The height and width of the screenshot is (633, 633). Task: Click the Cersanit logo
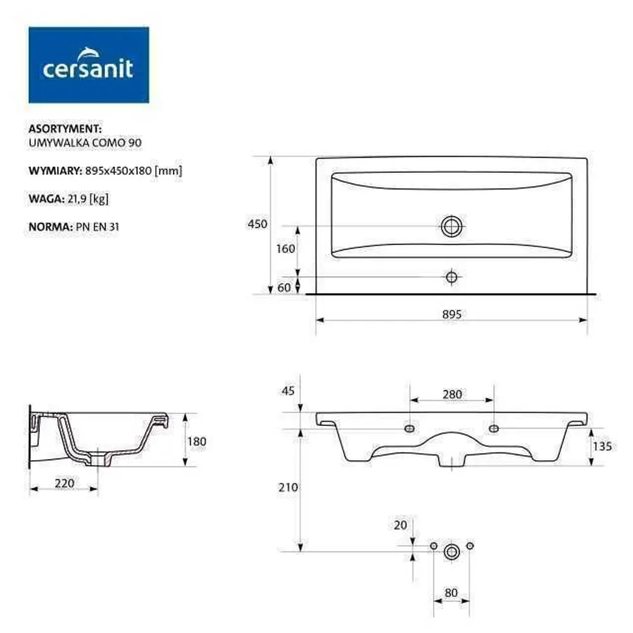89,65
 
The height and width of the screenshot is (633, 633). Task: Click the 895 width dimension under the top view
451,314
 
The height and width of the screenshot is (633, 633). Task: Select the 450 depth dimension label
258,223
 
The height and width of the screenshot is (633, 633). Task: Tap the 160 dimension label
285,249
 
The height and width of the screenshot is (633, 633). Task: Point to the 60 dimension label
284,287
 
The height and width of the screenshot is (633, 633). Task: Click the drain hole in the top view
452,226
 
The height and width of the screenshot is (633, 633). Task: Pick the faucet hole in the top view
451,277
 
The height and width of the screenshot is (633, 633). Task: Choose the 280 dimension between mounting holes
452,394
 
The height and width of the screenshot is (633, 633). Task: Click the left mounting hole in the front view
410,428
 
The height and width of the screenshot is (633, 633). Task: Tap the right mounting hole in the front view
494,428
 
